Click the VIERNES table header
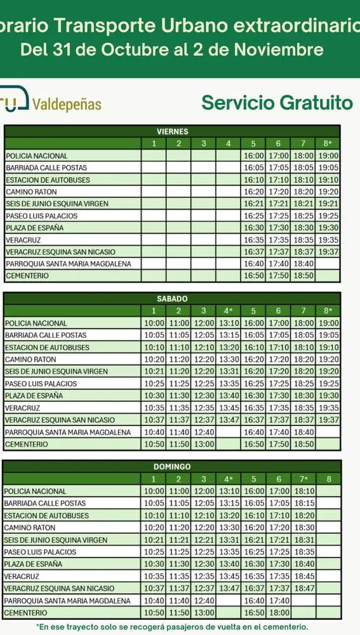(x=172, y=131)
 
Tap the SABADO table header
(x=172, y=298)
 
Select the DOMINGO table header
(x=172, y=467)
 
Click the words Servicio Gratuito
(x=277, y=102)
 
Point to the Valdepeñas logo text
(x=66, y=104)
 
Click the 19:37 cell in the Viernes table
(x=328, y=252)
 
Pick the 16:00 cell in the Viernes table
(x=253, y=156)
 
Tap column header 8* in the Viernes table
(x=328, y=144)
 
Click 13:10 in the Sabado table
(x=229, y=323)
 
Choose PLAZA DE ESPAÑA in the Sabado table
(x=34, y=396)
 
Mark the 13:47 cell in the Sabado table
(x=229, y=420)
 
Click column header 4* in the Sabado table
(x=229, y=311)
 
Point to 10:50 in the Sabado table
(x=154, y=444)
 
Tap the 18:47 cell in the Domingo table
(x=303, y=589)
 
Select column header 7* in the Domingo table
(x=303, y=479)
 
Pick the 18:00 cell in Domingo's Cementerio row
(x=278, y=613)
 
